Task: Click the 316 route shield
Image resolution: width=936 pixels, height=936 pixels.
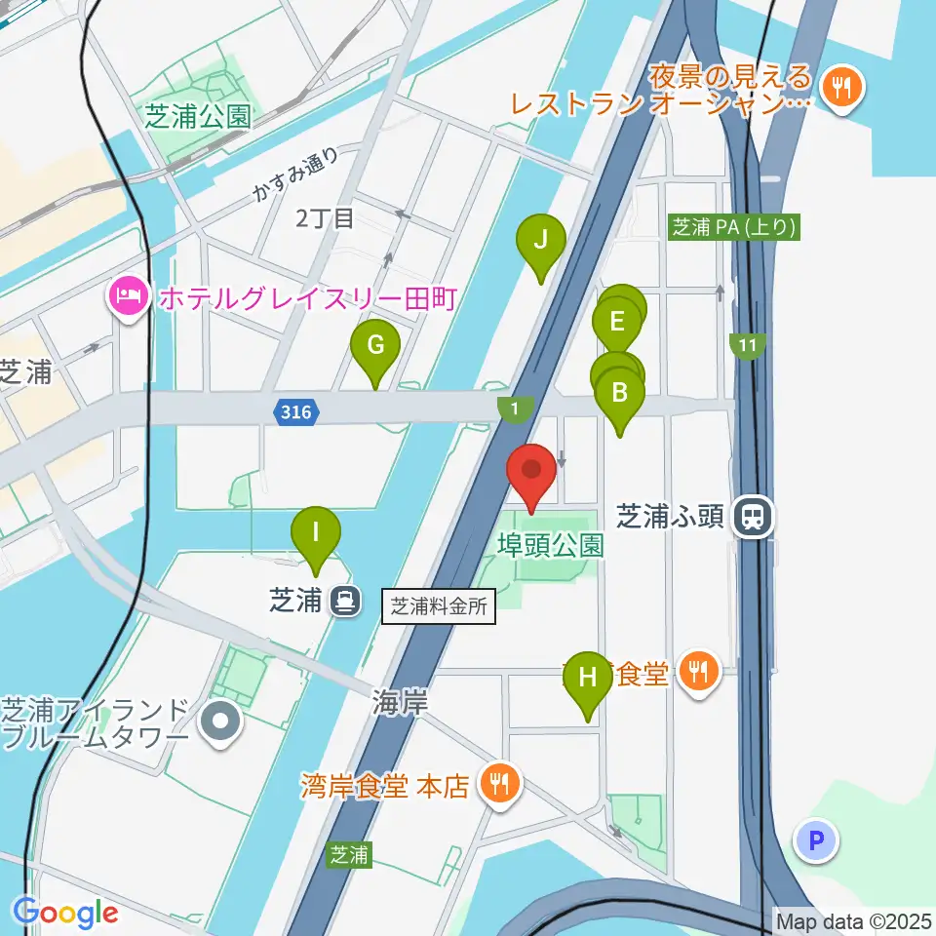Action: [294, 412]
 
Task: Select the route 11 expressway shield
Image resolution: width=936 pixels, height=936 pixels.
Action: [748, 345]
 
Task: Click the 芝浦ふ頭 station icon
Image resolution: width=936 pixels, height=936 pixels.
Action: [754, 515]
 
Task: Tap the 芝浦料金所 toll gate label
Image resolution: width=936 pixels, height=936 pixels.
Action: [441, 606]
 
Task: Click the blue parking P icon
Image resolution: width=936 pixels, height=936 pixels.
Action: [816, 840]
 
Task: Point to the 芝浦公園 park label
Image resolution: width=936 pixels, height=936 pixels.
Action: [198, 117]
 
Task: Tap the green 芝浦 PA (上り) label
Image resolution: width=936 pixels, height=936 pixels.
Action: [735, 228]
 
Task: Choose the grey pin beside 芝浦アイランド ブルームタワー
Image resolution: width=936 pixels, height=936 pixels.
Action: [220, 722]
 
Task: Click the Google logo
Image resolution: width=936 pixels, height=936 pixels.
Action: [64, 913]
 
